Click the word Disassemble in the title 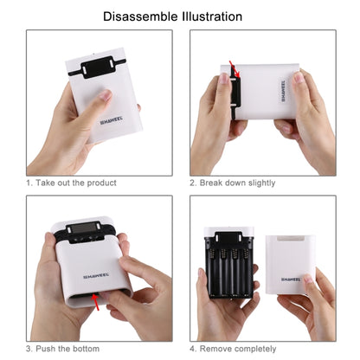pyautogui.click(x=145, y=16)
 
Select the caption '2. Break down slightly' pyautogui.click(x=233, y=183)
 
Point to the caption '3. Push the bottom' pyautogui.click(x=66, y=348)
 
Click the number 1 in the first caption pyautogui.click(x=29, y=183)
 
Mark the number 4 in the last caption pyautogui.click(x=192, y=348)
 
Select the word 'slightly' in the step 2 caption pyautogui.click(x=260, y=183)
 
